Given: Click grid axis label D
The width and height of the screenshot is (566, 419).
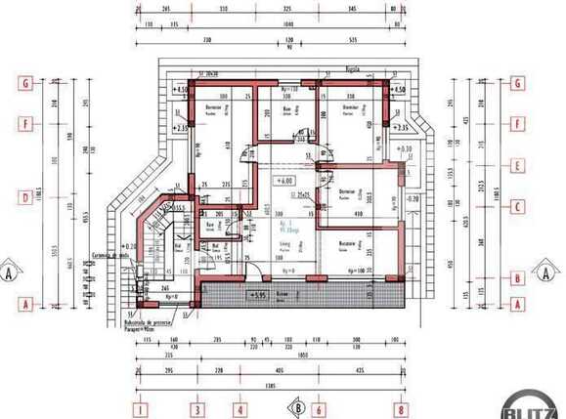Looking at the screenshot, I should click(x=24, y=197).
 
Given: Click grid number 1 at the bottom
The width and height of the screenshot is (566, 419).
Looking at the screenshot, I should click(x=141, y=410).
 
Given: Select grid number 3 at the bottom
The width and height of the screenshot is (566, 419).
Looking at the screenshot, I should click(x=197, y=410).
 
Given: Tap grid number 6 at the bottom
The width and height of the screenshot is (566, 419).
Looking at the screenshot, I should click(x=319, y=410).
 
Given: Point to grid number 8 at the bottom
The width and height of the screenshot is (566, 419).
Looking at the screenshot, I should click(x=401, y=410).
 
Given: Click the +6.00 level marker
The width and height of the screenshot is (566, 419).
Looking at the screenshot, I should click(x=284, y=181).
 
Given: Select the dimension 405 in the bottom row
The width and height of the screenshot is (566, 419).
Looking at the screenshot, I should click(x=280, y=371).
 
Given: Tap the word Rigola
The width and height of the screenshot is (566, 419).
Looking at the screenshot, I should click(x=353, y=70).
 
